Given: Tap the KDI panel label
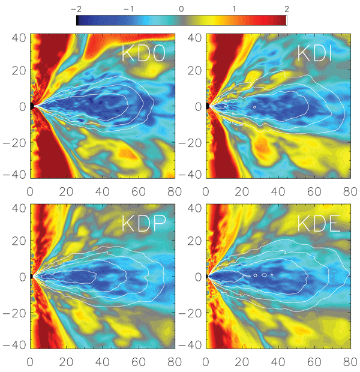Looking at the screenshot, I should (x=321, y=53).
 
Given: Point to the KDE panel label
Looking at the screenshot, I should (x=321, y=223).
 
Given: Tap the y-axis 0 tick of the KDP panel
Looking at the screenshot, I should (x=23, y=277).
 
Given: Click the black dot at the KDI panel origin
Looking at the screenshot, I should (x=207, y=106).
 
